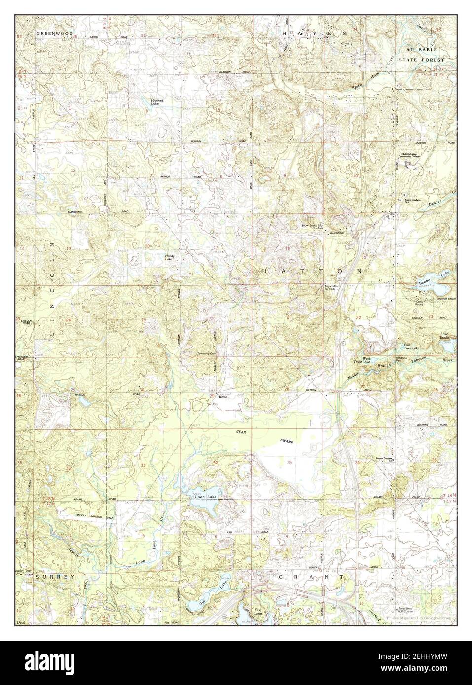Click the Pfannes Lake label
click(158, 102)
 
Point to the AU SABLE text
click(419, 50)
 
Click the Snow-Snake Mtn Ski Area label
click(313, 227)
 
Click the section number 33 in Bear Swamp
click(290, 462)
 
